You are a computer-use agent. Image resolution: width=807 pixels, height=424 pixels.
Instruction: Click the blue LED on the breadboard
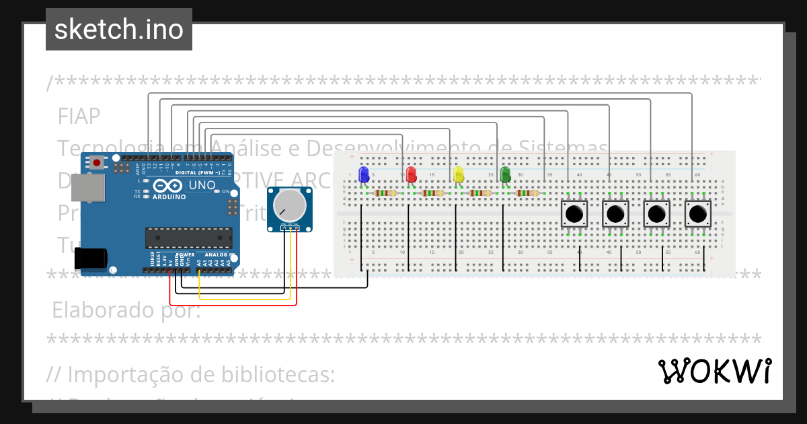pyautogui.click(x=364, y=175)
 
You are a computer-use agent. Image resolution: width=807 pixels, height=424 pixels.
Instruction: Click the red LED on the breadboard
pyautogui.click(x=411, y=175)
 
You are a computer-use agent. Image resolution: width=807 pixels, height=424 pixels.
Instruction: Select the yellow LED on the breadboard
pyautogui.click(x=459, y=175)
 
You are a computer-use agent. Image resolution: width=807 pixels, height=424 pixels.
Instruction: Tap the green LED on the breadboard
pyautogui.click(x=506, y=175)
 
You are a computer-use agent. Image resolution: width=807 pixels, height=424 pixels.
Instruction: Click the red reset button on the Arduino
pyautogui.click(x=98, y=162)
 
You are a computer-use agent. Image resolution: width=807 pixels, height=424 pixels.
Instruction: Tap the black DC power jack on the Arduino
pyautogui.click(x=90, y=258)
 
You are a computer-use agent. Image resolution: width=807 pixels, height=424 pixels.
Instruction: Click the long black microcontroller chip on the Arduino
pyautogui.click(x=189, y=238)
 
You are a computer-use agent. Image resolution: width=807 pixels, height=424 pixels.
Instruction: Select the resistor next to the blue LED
pyautogui.click(x=385, y=193)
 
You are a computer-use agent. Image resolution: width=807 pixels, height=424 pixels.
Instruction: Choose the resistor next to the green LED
pyautogui.click(x=527, y=193)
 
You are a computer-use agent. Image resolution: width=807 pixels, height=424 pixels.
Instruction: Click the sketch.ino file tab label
pyautogui.click(x=119, y=30)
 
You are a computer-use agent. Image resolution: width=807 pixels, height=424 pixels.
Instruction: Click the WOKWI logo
pyautogui.click(x=714, y=371)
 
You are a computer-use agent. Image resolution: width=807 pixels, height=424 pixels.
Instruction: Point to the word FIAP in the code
pyautogui.click(x=79, y=116)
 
